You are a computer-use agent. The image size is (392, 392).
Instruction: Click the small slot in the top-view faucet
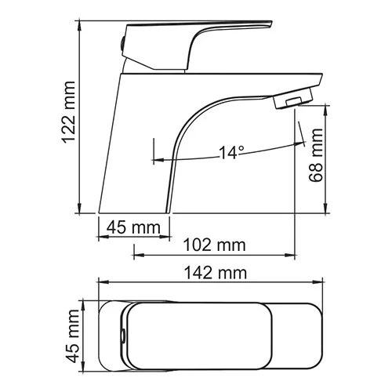(124, 335)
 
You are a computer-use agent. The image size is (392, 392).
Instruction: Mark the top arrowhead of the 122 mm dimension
(82, 23)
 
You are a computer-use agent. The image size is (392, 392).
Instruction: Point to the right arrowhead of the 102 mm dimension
(294, 253)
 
